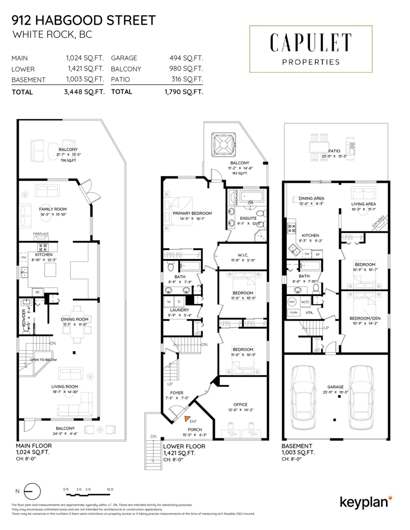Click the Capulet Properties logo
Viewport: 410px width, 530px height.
(x=311, y=49)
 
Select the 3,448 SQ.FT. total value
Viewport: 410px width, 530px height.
(x=84, y=92)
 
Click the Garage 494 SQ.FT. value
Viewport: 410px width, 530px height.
(x=186, y=58)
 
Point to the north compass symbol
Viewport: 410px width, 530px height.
(x=32, y=491)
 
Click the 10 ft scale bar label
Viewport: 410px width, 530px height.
(x=110, y=489)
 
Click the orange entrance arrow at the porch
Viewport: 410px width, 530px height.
(x=188, y=418)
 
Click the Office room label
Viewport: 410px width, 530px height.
(x=240, y=405)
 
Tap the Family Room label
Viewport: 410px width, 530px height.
(x=53, y=209)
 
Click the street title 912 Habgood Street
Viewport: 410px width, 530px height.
(x=84, y=20)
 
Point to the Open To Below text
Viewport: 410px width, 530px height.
(x=43, y=360)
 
